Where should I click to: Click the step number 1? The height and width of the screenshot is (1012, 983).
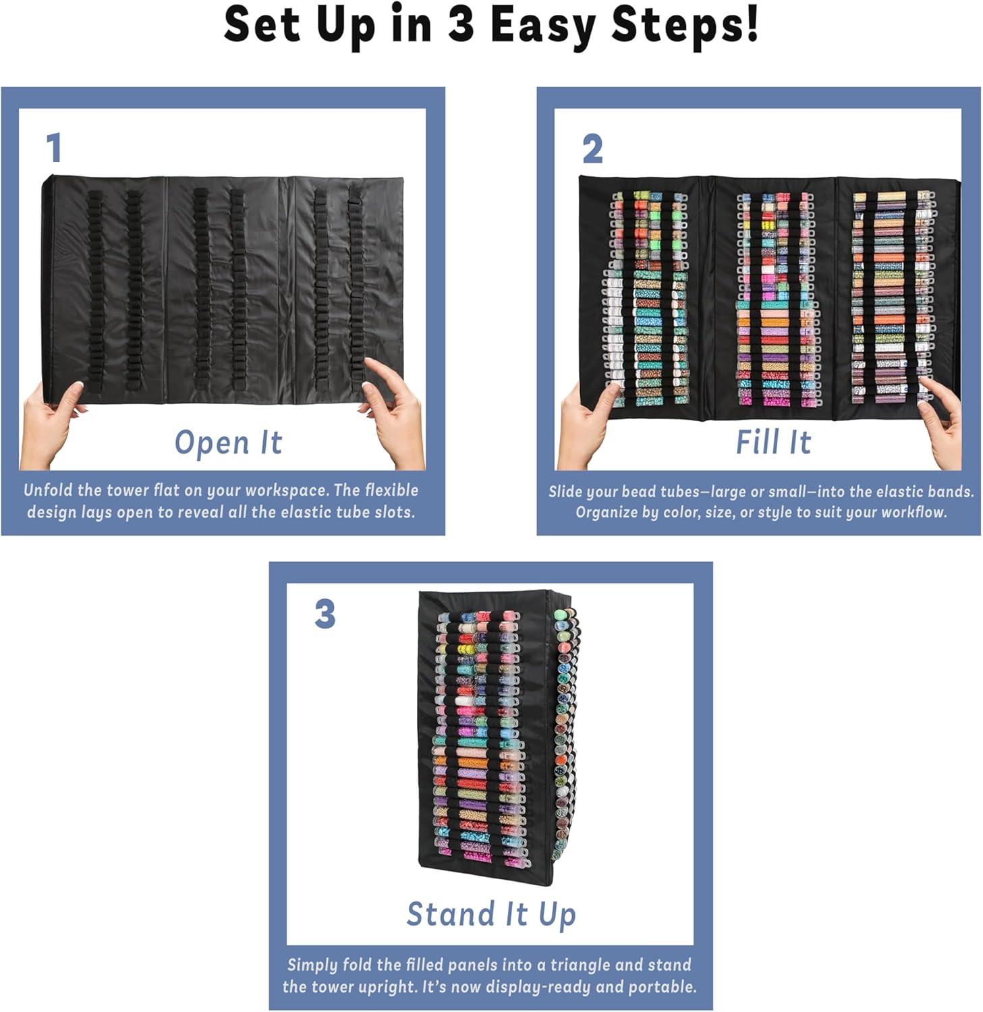(55, 148)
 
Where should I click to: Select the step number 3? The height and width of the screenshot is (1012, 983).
(325, 615)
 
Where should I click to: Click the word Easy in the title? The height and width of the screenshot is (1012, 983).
(542, 26)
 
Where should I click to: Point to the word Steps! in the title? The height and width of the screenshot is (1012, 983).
(685, 26)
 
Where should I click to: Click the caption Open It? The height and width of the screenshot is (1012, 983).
(228, 443)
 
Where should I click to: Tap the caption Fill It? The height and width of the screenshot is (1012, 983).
(773, 443)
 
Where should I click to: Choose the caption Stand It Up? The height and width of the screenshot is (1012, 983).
(491, 914)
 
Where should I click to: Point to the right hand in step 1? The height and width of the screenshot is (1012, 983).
(395, 412)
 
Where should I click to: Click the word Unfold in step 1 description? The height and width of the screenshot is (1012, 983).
(47, 490)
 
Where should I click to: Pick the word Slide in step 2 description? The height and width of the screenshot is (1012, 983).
(565, 492)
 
